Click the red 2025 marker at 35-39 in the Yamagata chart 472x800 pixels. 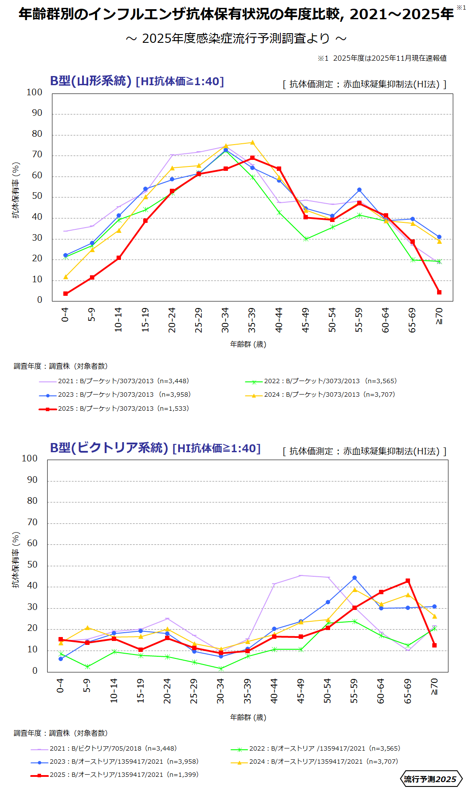[x=252, y=158]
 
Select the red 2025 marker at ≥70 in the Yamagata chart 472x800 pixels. [x=439, y=292]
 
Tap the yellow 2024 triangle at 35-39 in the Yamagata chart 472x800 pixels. [x=252, y=142]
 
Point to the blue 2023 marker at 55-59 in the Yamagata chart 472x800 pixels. [x=359, y=190]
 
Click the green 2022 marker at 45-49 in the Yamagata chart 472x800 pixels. [x=306, y=239]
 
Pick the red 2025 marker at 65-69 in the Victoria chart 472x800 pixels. [x=408, y=581]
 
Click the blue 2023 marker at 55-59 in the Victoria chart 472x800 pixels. [x=355, y=578]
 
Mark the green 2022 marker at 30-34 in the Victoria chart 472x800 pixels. [x=221, y=668]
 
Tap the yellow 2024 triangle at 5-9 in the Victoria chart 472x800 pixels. [x=87, y=628]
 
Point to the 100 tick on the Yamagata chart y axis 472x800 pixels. [x=34, y=92]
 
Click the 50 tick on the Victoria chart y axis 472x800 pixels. [x=32, y=565]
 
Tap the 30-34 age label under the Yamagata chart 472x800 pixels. [x=225, y=320]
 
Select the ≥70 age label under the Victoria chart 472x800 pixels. [x=434, y=686]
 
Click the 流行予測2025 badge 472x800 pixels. [x=431, y=779]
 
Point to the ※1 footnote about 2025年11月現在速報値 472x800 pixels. [x=382, y=58]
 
